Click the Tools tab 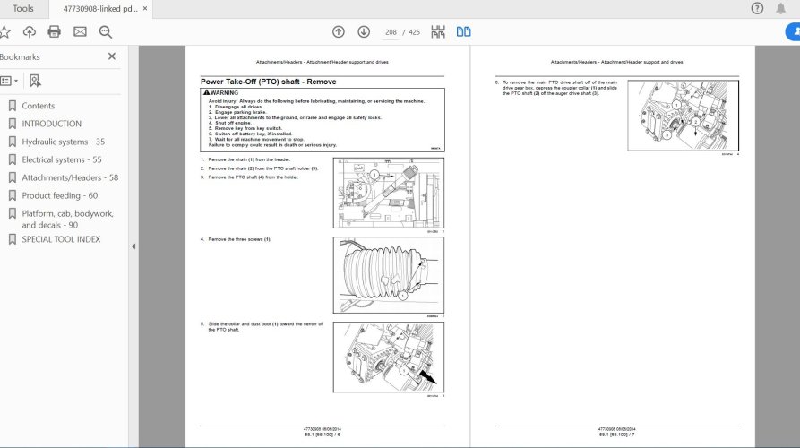(23, 8)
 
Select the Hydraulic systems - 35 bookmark (63, 142)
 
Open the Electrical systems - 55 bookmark (61, 159)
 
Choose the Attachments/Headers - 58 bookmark (69, 177)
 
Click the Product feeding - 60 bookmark (59, 195)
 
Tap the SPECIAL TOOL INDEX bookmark (61, 239)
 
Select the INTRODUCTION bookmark (51, 124)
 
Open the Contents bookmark (38, 106)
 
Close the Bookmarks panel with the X (112, 56)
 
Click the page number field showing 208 (391, 31)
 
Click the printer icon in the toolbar (54, 31)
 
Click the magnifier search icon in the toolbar (105, 31)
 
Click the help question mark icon (757, 9)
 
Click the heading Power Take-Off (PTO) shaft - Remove (269, 82)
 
